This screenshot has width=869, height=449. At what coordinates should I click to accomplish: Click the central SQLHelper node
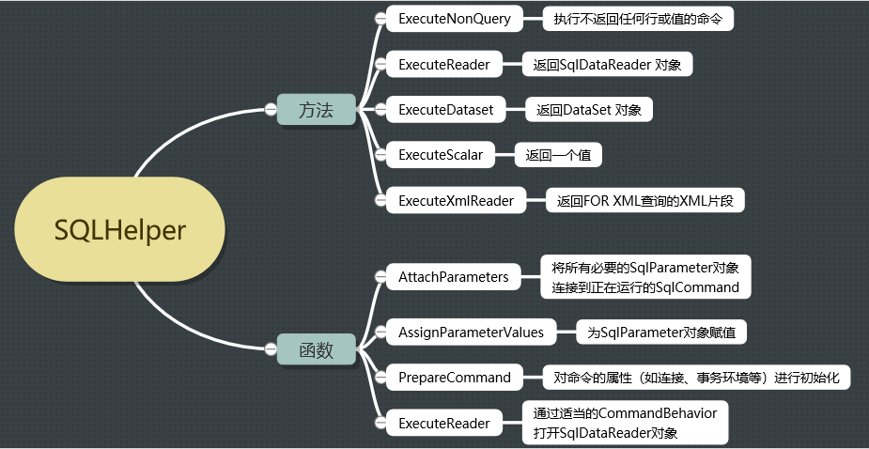pyautogui.click(x=120, y=230)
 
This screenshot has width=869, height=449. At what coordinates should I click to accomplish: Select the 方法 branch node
pyautogui.click(x=316, y=110)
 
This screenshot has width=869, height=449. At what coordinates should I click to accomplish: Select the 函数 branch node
pyautogui.click(x=316, y=350)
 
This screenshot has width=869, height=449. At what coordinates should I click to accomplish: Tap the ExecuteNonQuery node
pyautogui.click(x=454, y=19)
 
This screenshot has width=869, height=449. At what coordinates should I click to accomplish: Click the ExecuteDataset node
pyautogui.click(x=445, y=110)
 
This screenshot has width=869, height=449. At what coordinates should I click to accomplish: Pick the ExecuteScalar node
pyautogui.click(x=441, y=155)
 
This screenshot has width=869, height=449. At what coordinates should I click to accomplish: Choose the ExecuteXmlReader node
pyautogui.click(x=456, y=200)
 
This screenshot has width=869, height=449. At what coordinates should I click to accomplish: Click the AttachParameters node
pyautogui.click(x=453, y=276)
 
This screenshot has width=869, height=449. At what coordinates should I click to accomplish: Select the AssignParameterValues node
pyautogui.click(x=471, y=333)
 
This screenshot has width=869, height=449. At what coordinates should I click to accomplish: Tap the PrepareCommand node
pyautogui.click(x=455, y=378)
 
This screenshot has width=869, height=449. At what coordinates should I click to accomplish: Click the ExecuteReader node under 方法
pyautogui.click(x=443, y=64)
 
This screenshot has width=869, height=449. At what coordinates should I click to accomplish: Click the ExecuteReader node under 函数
pyautogui.click(x=443, y=423)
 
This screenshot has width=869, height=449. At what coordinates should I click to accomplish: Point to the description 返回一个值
pyautogui.click(x=558, y=155)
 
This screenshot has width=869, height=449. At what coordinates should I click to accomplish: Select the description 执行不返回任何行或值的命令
pyautogui.click(x=637, y=19)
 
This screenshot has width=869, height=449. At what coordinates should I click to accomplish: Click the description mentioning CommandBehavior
pyautogui.click(x=625, y=423)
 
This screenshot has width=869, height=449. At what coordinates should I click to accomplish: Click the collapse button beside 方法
pyautogui.click(x=269, y=110)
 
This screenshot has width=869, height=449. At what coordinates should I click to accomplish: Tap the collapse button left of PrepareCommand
pyautogui.click(x=380, y=378)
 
